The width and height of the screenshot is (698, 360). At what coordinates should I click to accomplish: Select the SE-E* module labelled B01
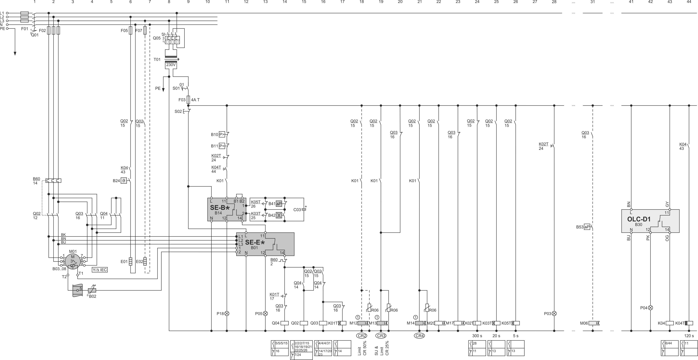pyautogui.click(x=265, y=244)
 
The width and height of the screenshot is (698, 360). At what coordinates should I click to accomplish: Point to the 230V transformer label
pyautogui.click(x=171, y=65)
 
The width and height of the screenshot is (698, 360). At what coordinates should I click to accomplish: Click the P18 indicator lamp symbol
pyautogui.click(x=227, y=313)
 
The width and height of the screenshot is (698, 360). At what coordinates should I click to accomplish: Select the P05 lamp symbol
pyautogui.click(x=265, y=313)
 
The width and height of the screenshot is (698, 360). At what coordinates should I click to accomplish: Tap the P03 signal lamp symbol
pyautogui.click(x=554, y=313)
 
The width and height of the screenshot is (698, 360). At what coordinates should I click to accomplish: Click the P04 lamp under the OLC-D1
pyautogui.click(x=650, y=308)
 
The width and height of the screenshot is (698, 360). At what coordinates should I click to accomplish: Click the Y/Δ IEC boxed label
pyautogui.click(x=100, y=270)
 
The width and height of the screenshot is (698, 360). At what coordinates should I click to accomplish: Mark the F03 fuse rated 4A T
pyautogui.click(x=188, y=100)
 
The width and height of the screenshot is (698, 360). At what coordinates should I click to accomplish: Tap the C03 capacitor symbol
pyautogui.click(x=304, y=209)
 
